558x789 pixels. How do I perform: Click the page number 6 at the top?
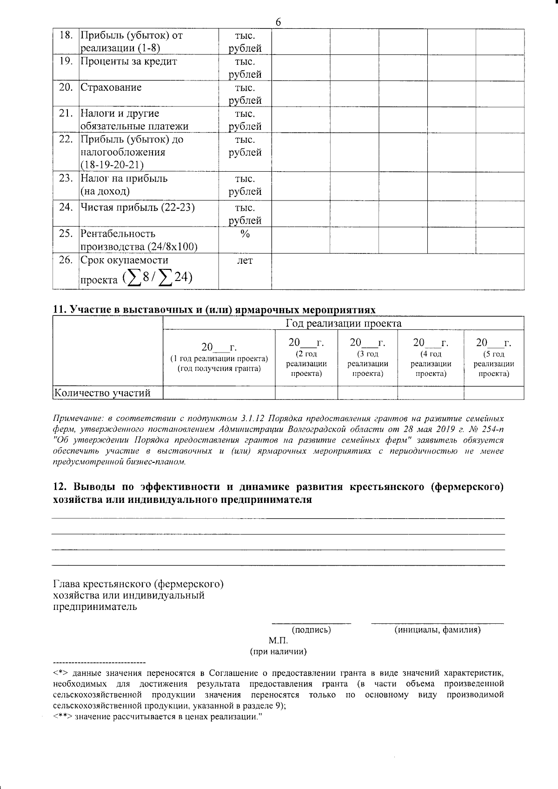pos(279,22)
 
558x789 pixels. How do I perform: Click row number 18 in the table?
pos(66,35)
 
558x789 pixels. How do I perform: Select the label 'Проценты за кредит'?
pos(128,61)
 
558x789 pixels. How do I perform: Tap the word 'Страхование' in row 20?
pos(111,87)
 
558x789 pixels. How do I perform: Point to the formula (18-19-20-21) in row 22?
pos(112,165)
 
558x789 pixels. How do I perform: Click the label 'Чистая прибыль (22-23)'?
pos(137,207)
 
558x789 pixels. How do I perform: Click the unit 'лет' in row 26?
pos(245,261)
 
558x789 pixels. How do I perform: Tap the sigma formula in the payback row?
pos(157,278)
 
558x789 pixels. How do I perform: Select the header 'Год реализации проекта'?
pos(343,323)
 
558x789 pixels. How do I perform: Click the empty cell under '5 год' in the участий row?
pos(493,393)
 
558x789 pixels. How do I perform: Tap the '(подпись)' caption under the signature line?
pos(311,630)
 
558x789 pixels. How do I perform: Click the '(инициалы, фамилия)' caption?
pos(437,630)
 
